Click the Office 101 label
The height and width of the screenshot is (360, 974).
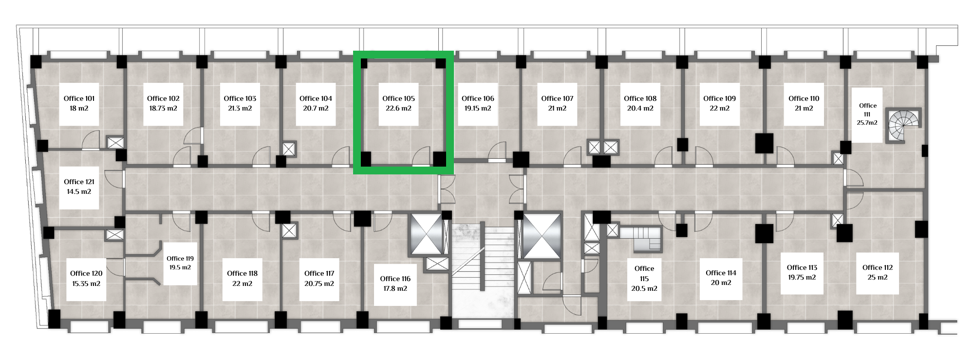79,98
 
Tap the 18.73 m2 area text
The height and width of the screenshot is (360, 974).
164,108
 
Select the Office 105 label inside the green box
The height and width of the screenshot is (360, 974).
398,98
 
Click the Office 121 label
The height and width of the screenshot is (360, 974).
79,182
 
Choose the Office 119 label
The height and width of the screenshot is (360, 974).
180,259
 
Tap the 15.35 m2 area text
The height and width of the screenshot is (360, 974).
86,283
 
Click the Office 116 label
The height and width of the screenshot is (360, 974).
395,279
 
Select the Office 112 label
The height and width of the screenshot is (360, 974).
878,267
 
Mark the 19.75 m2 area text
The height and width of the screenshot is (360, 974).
802,277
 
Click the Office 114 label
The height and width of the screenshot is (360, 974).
721,273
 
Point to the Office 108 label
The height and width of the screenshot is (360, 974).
640,98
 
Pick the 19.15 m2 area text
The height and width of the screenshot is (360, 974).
478,108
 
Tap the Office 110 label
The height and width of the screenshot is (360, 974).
804,98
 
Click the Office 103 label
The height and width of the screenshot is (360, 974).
240,98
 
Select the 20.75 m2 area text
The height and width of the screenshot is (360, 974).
319,283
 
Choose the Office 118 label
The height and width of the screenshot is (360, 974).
243,273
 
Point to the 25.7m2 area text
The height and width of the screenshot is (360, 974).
867,123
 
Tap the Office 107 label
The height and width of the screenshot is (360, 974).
558,98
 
